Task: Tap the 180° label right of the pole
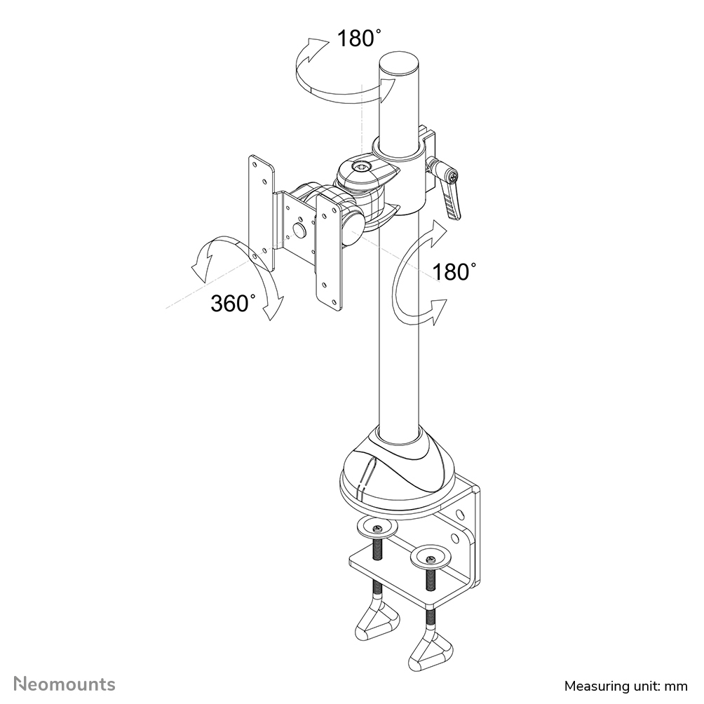(454, 272)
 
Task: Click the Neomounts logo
(65, 684)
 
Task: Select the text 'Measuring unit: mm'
(626, 686)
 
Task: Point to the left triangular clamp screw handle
(377, 621)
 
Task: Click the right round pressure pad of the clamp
(431, 557)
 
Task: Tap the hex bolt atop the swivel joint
(360, 168)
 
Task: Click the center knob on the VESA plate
(298, 230)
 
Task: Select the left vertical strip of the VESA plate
(261, 212)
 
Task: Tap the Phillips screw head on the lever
(454, 176)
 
